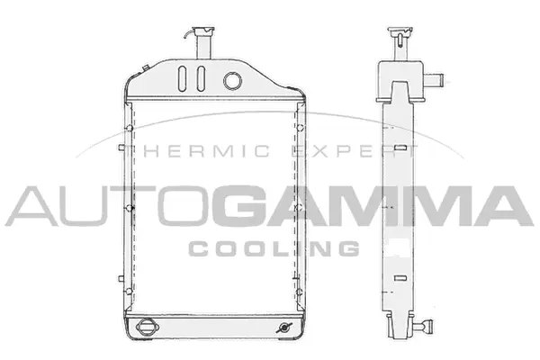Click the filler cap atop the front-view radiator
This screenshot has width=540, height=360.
coord(199,29)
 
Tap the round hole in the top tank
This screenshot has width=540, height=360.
coord(232,80)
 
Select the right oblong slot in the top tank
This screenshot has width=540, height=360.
coord(198,78)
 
